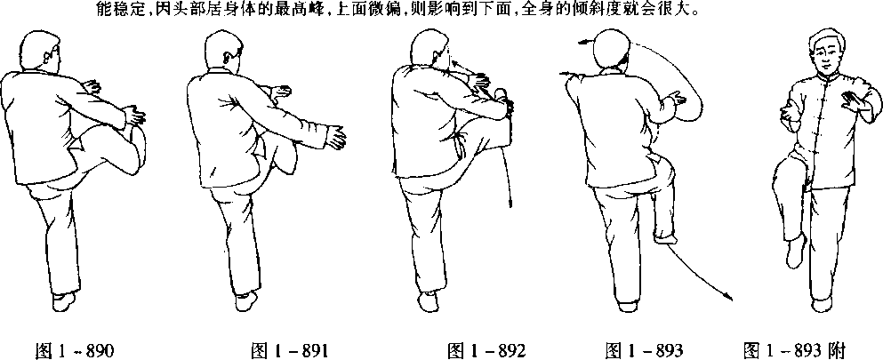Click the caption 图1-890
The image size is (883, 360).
click(75, 349)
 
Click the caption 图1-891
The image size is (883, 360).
click(289, 349)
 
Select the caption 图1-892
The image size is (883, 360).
click(486, 349)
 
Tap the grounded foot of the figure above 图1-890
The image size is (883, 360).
click(64, 301)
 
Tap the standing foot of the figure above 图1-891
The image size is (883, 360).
click(246, 301)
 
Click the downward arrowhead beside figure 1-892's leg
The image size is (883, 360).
click(510, 202)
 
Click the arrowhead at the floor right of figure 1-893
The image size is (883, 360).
click(729, 298)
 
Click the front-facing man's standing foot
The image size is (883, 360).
click(823, 304)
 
